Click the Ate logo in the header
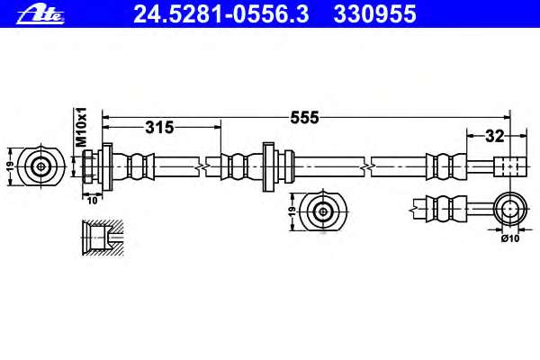(x=40, y=14)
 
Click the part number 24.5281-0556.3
(x=221, y=14)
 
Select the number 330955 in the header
(x=374, y=14)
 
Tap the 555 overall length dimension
(x=304, y=118)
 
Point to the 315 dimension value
(x=159, y=128)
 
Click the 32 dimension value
(x=494, y=137)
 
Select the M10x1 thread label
(x=81, y=127)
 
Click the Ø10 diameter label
(x=510, y=238)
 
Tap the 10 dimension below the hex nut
(x=93, y=201)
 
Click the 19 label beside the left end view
(x=11, y=166)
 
